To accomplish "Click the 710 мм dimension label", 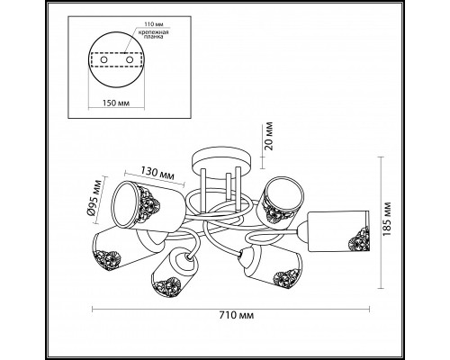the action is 237,316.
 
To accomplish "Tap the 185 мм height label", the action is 388,219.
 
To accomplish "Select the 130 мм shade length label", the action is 157,174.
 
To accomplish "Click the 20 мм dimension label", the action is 269,136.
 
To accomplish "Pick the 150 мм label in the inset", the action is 116,103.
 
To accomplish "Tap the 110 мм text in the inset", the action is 153,24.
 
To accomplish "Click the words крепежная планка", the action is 153,34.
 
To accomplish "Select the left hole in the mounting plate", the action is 103,60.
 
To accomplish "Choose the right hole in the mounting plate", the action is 130,60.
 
